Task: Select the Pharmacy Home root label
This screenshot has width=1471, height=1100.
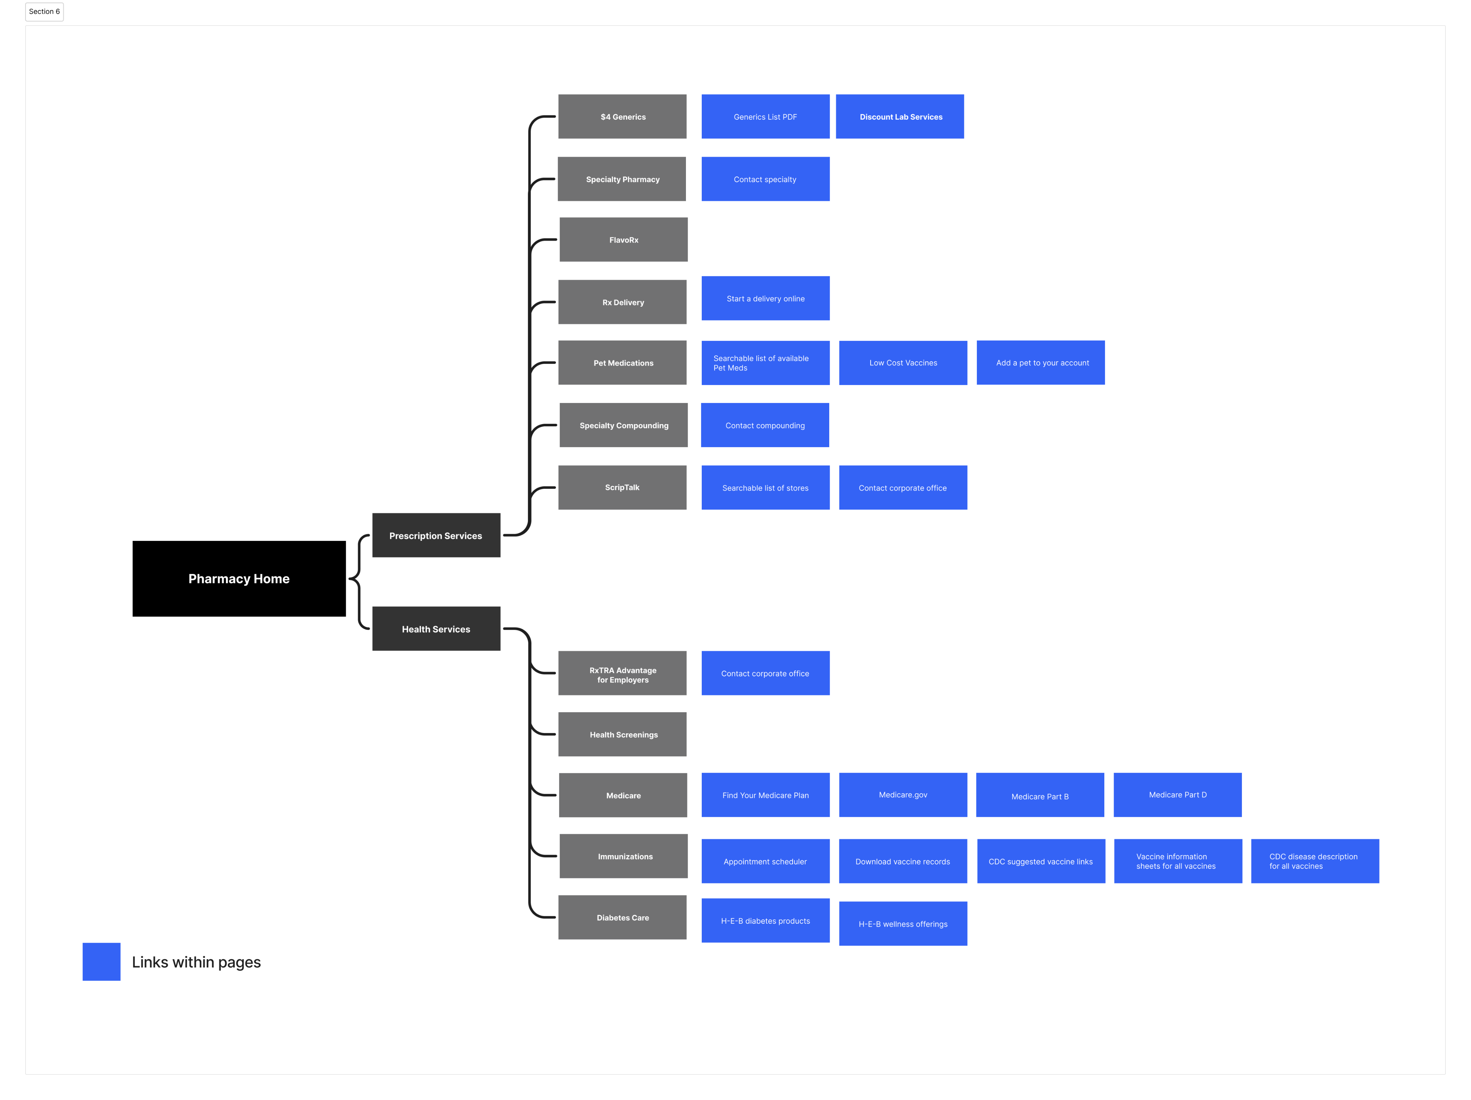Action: click(239, 579)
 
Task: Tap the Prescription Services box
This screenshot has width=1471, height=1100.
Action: click(436, 535)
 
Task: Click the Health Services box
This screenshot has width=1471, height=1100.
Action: click(436, 628)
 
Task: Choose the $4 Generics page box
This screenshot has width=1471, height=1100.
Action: click(622, 116)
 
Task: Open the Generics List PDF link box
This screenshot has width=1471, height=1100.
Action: click(765, 116)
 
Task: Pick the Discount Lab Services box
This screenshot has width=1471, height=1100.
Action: click(900, 116)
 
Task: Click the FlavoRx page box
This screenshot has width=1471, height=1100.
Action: click(623, 240)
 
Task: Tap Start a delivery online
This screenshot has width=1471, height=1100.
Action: click(765, 298)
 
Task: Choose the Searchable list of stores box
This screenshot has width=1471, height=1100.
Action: click(765, 487)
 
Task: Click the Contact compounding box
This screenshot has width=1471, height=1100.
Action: click(765, 425)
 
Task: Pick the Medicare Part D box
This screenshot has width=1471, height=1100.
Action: click(1178, 795)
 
